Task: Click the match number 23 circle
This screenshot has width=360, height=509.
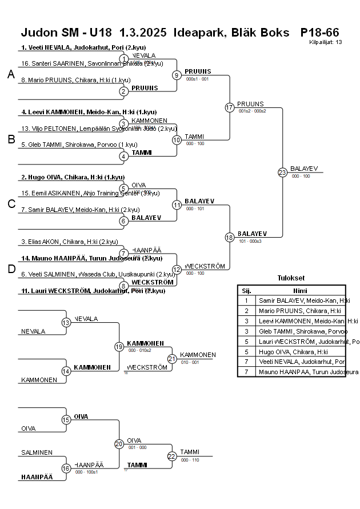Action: [x=282, y=172]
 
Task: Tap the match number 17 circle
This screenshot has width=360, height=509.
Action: [x=230, y=107]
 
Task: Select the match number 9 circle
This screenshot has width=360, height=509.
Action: [x=177, y=75]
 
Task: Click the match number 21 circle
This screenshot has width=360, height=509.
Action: [x=172, y=358]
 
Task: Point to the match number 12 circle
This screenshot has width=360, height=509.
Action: [x=177, y=270]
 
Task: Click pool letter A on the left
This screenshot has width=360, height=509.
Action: [x=11, y=74]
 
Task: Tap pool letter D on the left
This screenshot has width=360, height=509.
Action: [x=11, y=269]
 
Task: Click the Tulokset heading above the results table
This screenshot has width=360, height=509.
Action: [x=291, y=278]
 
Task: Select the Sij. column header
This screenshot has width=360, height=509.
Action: [x=246, y=290]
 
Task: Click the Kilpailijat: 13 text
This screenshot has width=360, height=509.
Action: [x=326, y=42]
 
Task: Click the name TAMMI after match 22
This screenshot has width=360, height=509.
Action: [x=189, y=451]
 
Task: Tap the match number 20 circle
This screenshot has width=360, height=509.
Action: [x=119, y=444]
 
